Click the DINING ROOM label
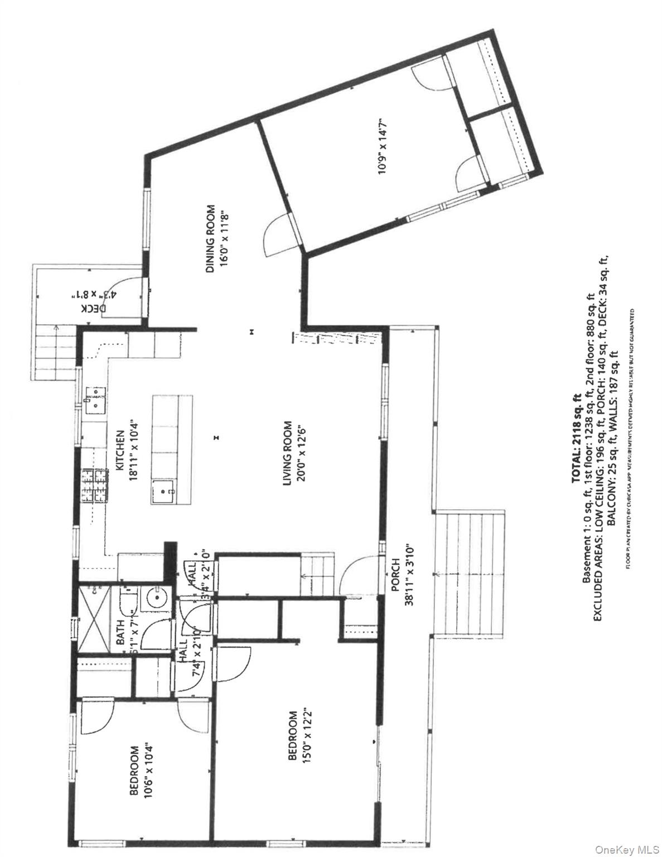[x=210, y=239]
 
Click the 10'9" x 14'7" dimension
[x=382, y=146]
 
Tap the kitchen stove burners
[x=95, y=487]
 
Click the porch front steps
[x=470, y=573]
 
